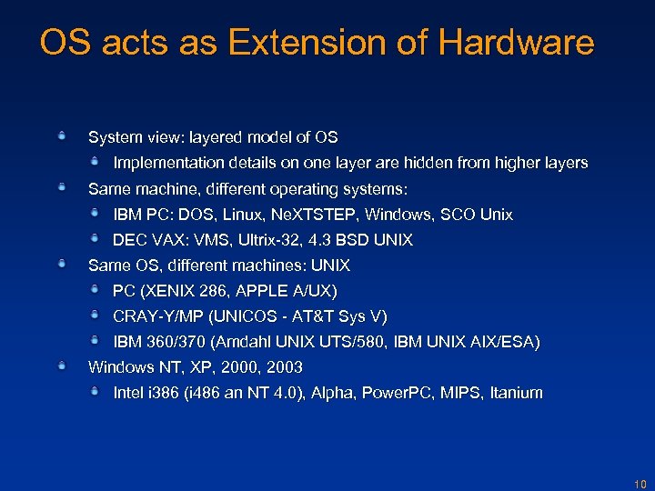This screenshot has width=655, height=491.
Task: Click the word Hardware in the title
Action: tap(516, 43)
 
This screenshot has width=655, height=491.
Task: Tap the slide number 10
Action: tap(639, 485)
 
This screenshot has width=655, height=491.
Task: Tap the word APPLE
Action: tap(267, 291)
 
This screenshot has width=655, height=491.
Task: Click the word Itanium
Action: tap(516, 393)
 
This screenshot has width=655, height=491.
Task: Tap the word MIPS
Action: tap(460, 393)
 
